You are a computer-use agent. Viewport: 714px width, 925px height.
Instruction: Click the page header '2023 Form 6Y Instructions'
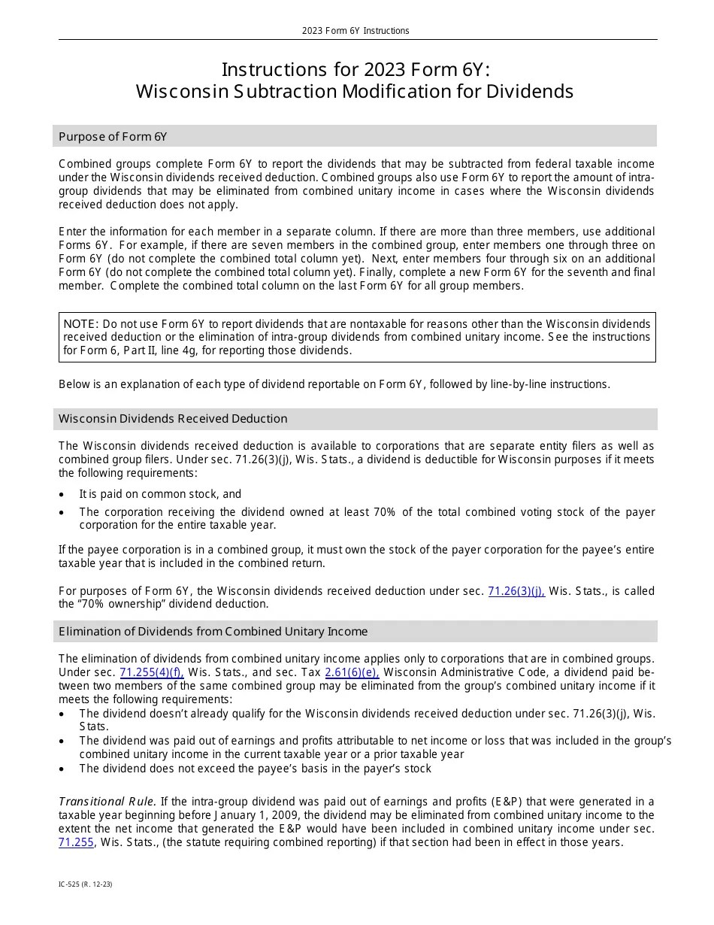pos(355,31)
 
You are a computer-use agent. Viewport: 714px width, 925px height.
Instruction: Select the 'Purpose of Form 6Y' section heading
pos(113,136)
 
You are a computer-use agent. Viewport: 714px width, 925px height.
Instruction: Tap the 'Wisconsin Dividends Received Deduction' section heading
pos(173,419)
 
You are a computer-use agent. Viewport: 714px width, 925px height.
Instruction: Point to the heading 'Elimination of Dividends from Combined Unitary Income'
pos(213,631)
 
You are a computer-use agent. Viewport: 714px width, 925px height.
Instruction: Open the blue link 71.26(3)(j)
pos(516,591)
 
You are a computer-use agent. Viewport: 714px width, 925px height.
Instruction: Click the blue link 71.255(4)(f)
pos(152,672)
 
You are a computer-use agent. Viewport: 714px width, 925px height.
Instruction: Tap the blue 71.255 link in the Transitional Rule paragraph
pos(76,842)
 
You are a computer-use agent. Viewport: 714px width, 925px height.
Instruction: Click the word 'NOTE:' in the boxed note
pos(81,323)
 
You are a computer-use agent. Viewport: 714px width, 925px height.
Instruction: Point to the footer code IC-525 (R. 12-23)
pos(86,884)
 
